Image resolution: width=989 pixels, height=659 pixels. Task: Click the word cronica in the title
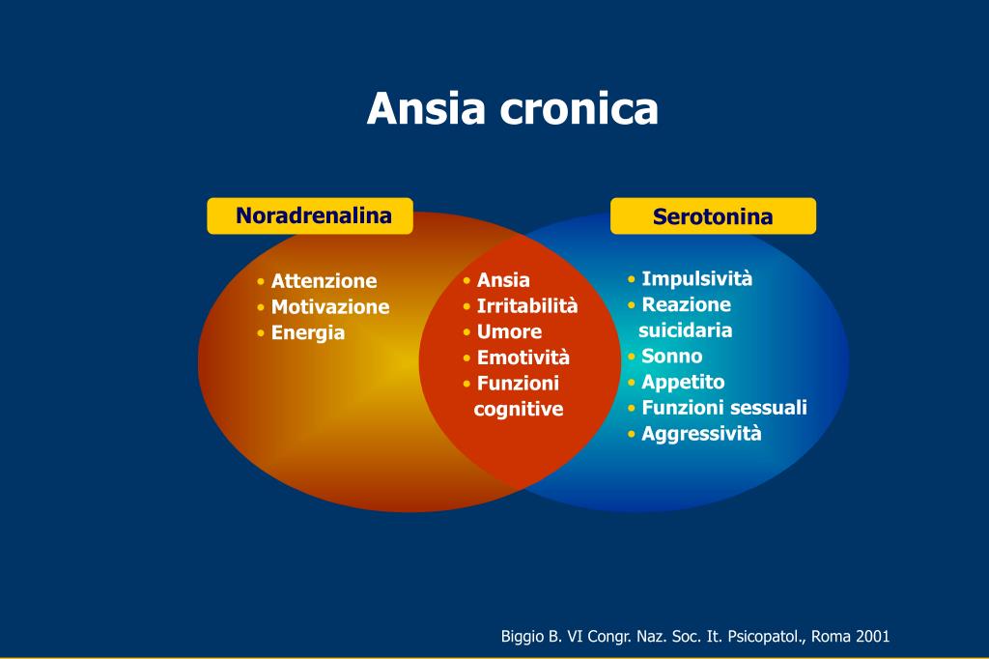point(579,108)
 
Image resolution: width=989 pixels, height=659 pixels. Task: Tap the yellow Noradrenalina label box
point(310,215)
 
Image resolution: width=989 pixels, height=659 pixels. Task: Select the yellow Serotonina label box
point(713,216)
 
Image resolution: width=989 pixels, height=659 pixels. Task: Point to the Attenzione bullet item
point(324,281)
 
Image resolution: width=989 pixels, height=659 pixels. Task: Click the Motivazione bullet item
point(329,307)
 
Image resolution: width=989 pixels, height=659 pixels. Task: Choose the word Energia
point(307,333)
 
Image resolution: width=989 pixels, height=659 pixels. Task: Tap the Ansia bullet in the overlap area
point(503,280)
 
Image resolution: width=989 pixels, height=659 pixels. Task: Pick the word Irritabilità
point(526,306)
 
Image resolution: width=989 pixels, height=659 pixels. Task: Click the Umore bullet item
point(509,331)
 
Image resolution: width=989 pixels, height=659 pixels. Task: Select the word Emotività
point(523,358)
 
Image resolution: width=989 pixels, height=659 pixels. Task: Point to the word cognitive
point(519,409)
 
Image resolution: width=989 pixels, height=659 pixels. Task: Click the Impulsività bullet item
point(696,279)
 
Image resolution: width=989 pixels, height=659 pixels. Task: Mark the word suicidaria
point(686,330)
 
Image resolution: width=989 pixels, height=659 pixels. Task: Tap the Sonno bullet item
point(671,356)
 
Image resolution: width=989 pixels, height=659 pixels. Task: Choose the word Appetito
point(683,382)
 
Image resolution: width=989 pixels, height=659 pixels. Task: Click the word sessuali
point(768,408)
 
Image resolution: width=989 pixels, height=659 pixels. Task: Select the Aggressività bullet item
point(701,433)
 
